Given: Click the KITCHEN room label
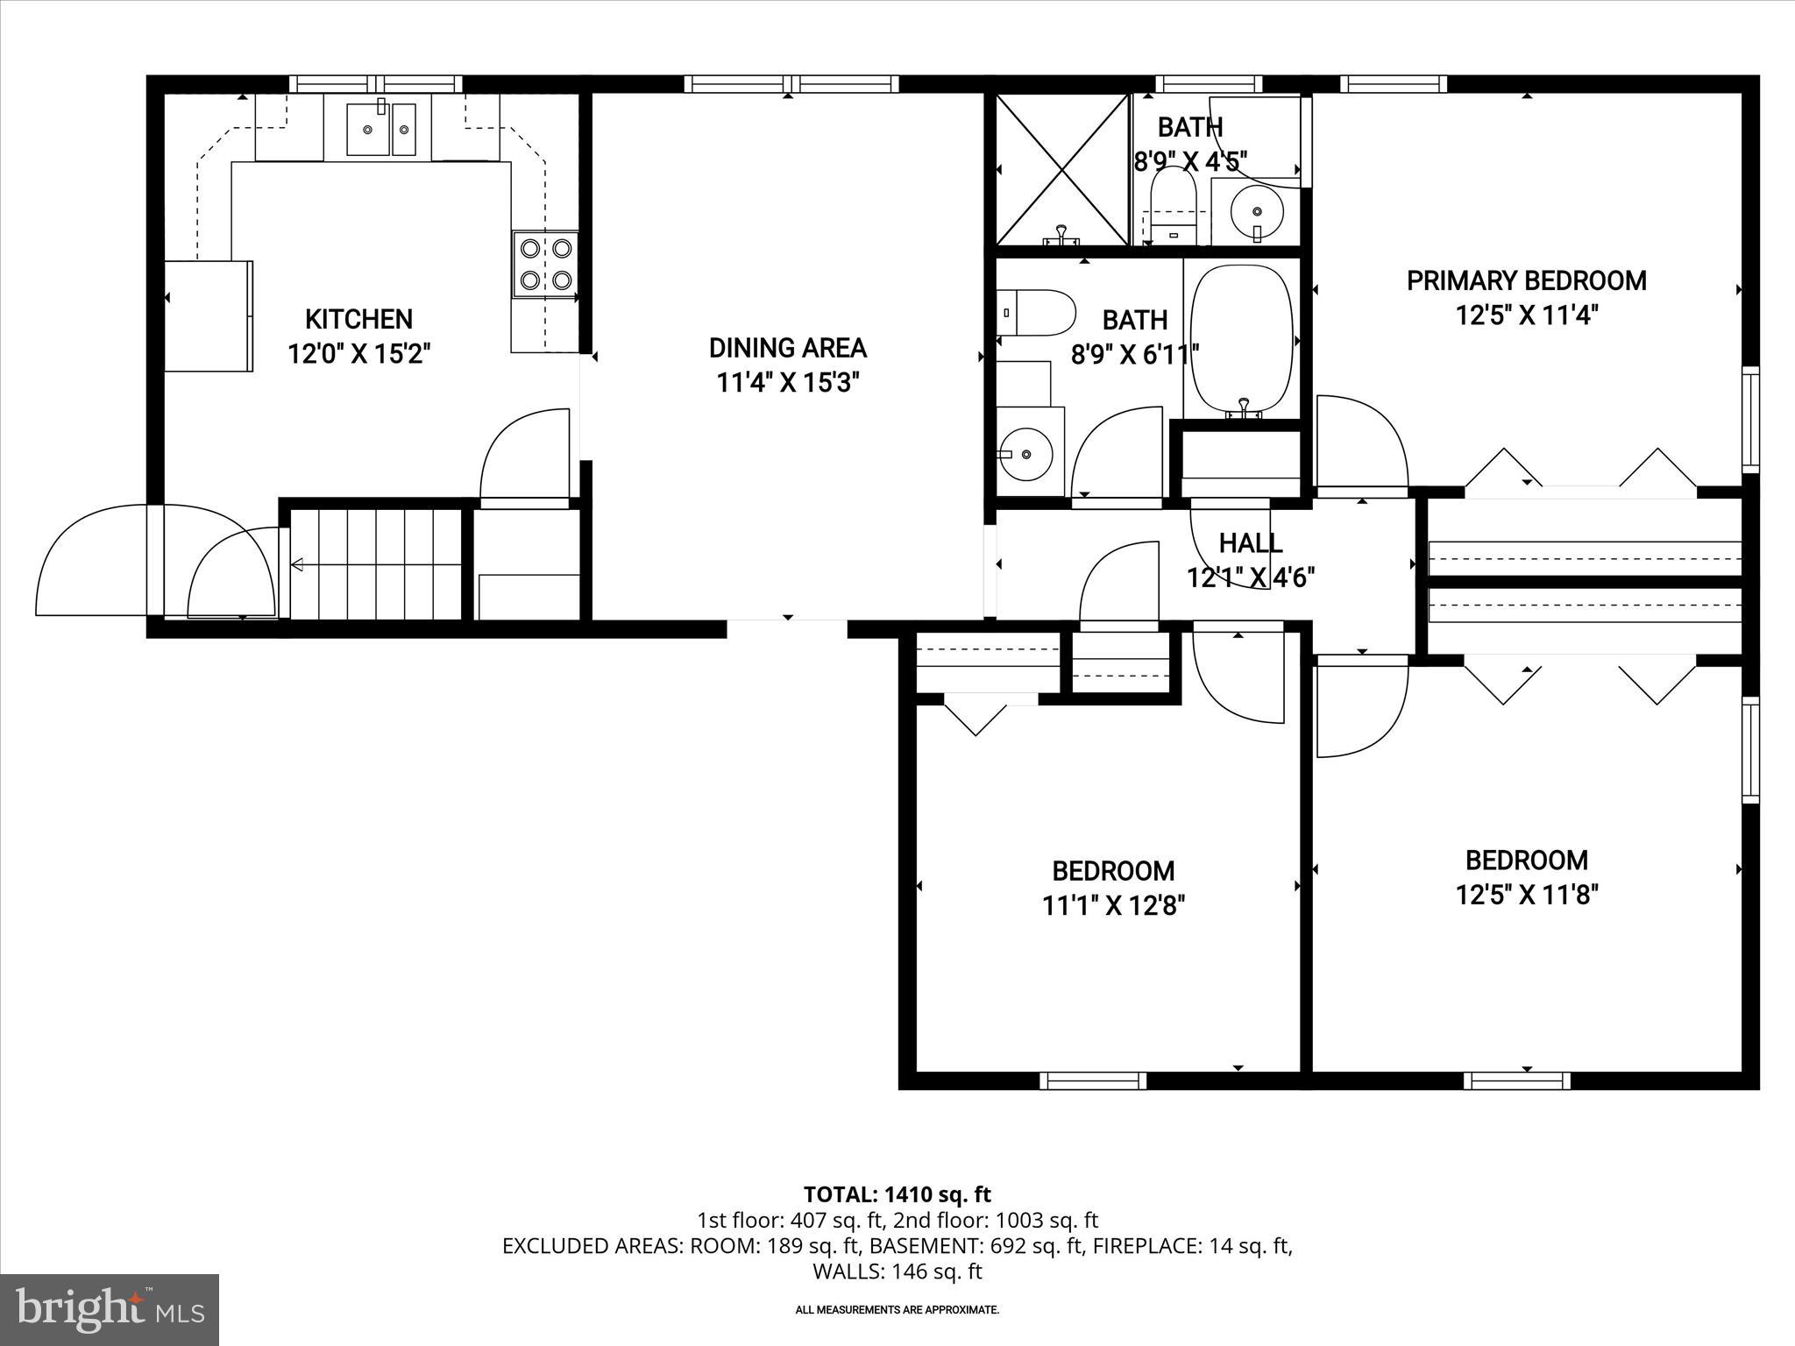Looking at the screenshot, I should point(358,319).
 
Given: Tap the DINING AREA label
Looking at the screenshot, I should point(787,348).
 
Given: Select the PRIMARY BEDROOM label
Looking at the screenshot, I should point(1526,281).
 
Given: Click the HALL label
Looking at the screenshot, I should point(1251,543).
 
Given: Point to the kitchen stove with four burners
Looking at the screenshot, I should point(545,266).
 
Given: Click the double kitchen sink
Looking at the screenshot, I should point(381,130).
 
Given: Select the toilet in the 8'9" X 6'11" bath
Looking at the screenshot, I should point(1036,312).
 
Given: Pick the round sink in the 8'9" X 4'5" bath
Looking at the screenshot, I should point(1257,211).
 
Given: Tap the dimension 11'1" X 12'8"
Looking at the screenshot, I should point(1113,905).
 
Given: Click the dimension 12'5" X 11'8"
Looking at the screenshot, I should point(1527,895).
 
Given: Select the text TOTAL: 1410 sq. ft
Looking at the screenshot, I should point(897,1194).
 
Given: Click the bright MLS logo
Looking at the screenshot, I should point(109,1309).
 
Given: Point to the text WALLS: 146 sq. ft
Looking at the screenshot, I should point(897,1272).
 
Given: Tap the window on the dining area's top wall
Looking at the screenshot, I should point(791,84).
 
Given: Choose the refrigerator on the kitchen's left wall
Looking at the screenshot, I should point(209,315).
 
